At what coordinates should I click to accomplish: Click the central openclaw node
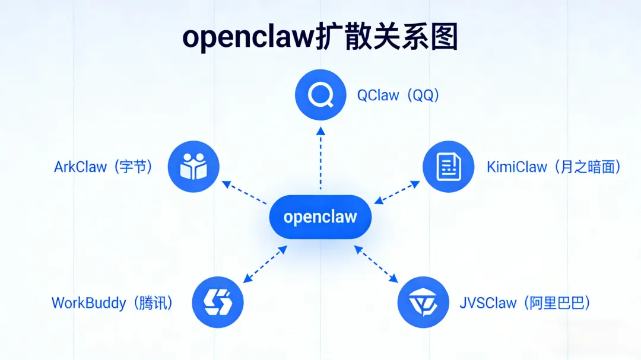[x=320, y=216]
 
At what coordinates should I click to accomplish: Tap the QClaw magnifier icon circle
[x=320, y=95]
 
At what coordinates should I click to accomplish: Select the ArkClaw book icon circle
[x=193, y=167]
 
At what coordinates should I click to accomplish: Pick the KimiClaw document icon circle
[x=448, y=167]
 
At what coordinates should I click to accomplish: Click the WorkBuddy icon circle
[x=218, y=302]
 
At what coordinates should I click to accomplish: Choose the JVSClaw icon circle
[x=423, y=302]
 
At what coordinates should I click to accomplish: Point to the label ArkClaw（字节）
[x=104, y=167]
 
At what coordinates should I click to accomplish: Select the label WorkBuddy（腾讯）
[x=113, y=303]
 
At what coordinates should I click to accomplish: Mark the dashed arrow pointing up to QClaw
[x=320, y=157]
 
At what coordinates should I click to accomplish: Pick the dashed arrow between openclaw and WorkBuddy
[x=265, y=264]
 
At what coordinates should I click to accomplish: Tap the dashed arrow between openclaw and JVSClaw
[x=376, y=264]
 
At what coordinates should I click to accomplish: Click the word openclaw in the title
[x=247, y=37]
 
